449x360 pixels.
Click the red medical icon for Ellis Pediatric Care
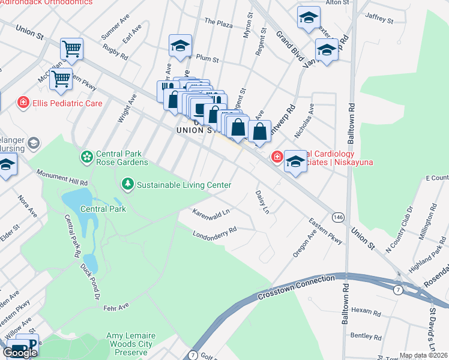(23, 103)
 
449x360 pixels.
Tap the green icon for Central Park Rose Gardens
(87, 157)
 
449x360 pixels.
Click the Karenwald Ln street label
(211, 212)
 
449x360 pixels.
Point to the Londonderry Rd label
(215, 230)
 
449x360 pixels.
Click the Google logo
(20, 352)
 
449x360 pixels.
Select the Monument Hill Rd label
(62, 176)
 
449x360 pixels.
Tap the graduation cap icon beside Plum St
(179, 45)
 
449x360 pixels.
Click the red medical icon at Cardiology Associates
(277, 157)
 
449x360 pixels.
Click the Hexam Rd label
(366, 311)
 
